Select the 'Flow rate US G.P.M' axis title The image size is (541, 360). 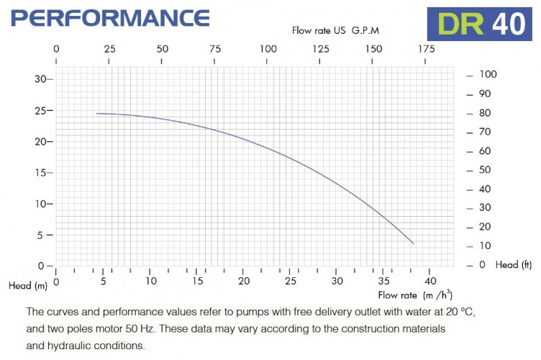click(x=335, y=30)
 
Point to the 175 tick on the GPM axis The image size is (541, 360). click(x=426, y=49)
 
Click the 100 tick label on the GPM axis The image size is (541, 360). click(x=268, y=49)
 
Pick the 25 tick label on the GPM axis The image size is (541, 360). click(x=109, y=49)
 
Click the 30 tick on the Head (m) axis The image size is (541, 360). click(x=40, y=79)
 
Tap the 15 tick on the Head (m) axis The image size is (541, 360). click(x=40, y=173)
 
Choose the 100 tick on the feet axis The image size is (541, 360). click(x=488, y=74)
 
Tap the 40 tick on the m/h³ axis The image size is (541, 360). click(x=430, y=280)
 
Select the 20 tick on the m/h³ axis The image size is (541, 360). click(x=245, y=280)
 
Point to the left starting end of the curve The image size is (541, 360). click(x=97, y=114)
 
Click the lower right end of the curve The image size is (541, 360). click(x=413, y=243)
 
